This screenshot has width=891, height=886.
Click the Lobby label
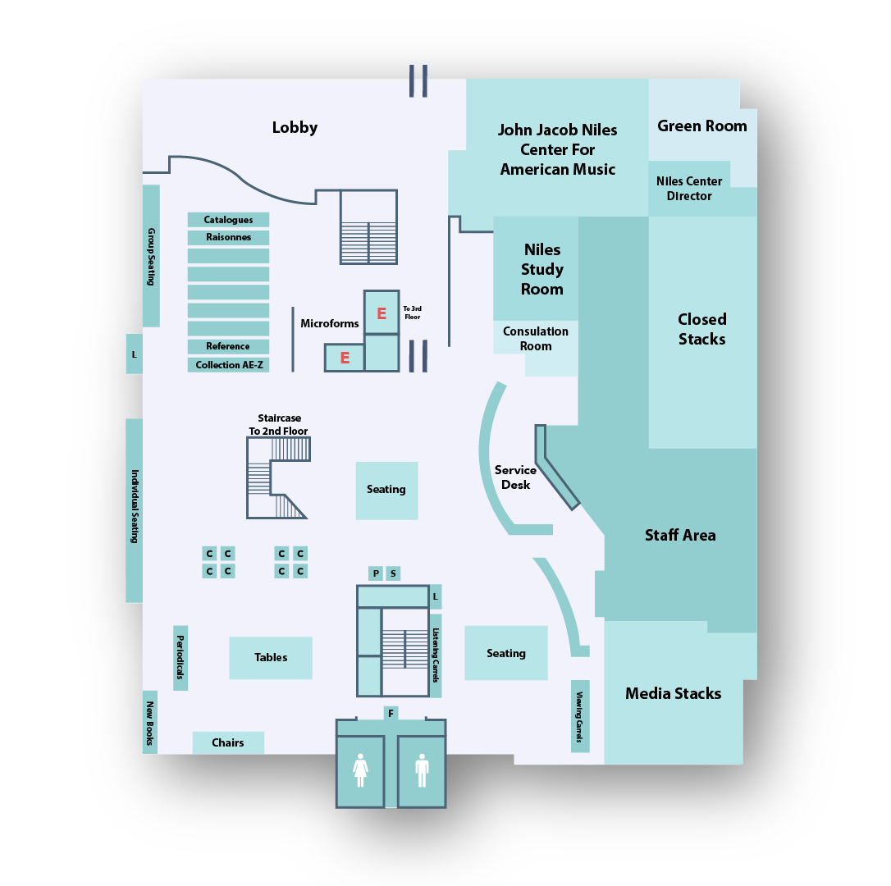pos(295,128)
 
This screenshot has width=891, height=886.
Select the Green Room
pos(701,126)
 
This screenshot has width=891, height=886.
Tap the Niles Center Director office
pos(689,189)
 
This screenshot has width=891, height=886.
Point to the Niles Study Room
pos(541,269)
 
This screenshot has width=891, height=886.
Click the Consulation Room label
pos(535,339)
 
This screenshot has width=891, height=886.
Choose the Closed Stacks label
pos(701,329)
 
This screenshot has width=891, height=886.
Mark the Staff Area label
pos(679,535)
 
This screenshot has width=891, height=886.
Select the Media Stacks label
pos(673,693)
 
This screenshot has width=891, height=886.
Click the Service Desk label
pos(515,477)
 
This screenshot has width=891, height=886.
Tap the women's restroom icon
pos(360,771)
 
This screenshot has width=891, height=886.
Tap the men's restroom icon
pos(422,771)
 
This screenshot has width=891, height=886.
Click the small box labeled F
pos(391,714)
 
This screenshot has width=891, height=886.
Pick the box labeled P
pos(376,573)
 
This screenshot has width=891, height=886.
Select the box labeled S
pos(394,573)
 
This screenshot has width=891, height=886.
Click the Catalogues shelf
pos(228,220)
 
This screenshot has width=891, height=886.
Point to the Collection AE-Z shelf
pos(228,365)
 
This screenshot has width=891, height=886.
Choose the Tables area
pos(271,658)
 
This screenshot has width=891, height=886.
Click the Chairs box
pos(228,742)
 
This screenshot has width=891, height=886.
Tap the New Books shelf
pos(150,722)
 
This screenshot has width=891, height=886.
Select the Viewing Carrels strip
pos(580,716)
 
